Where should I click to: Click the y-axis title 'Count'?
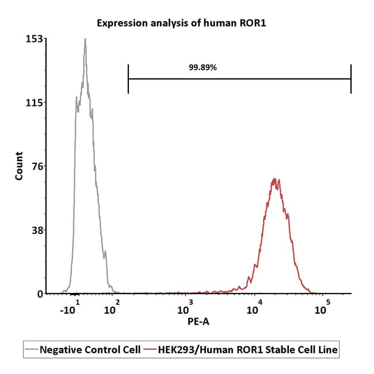click(x=20, y=166)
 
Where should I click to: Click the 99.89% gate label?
click(x=203, y=67)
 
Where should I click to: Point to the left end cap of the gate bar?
click(x=128, y=79)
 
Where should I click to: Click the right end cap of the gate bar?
click(x=350, y=79)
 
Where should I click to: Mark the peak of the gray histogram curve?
click(x=85, y=39)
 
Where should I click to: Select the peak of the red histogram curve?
click(x=275, y=179)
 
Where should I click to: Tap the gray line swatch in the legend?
click(x=32, y=349)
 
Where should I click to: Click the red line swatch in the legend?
click(x=151, y=349)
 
